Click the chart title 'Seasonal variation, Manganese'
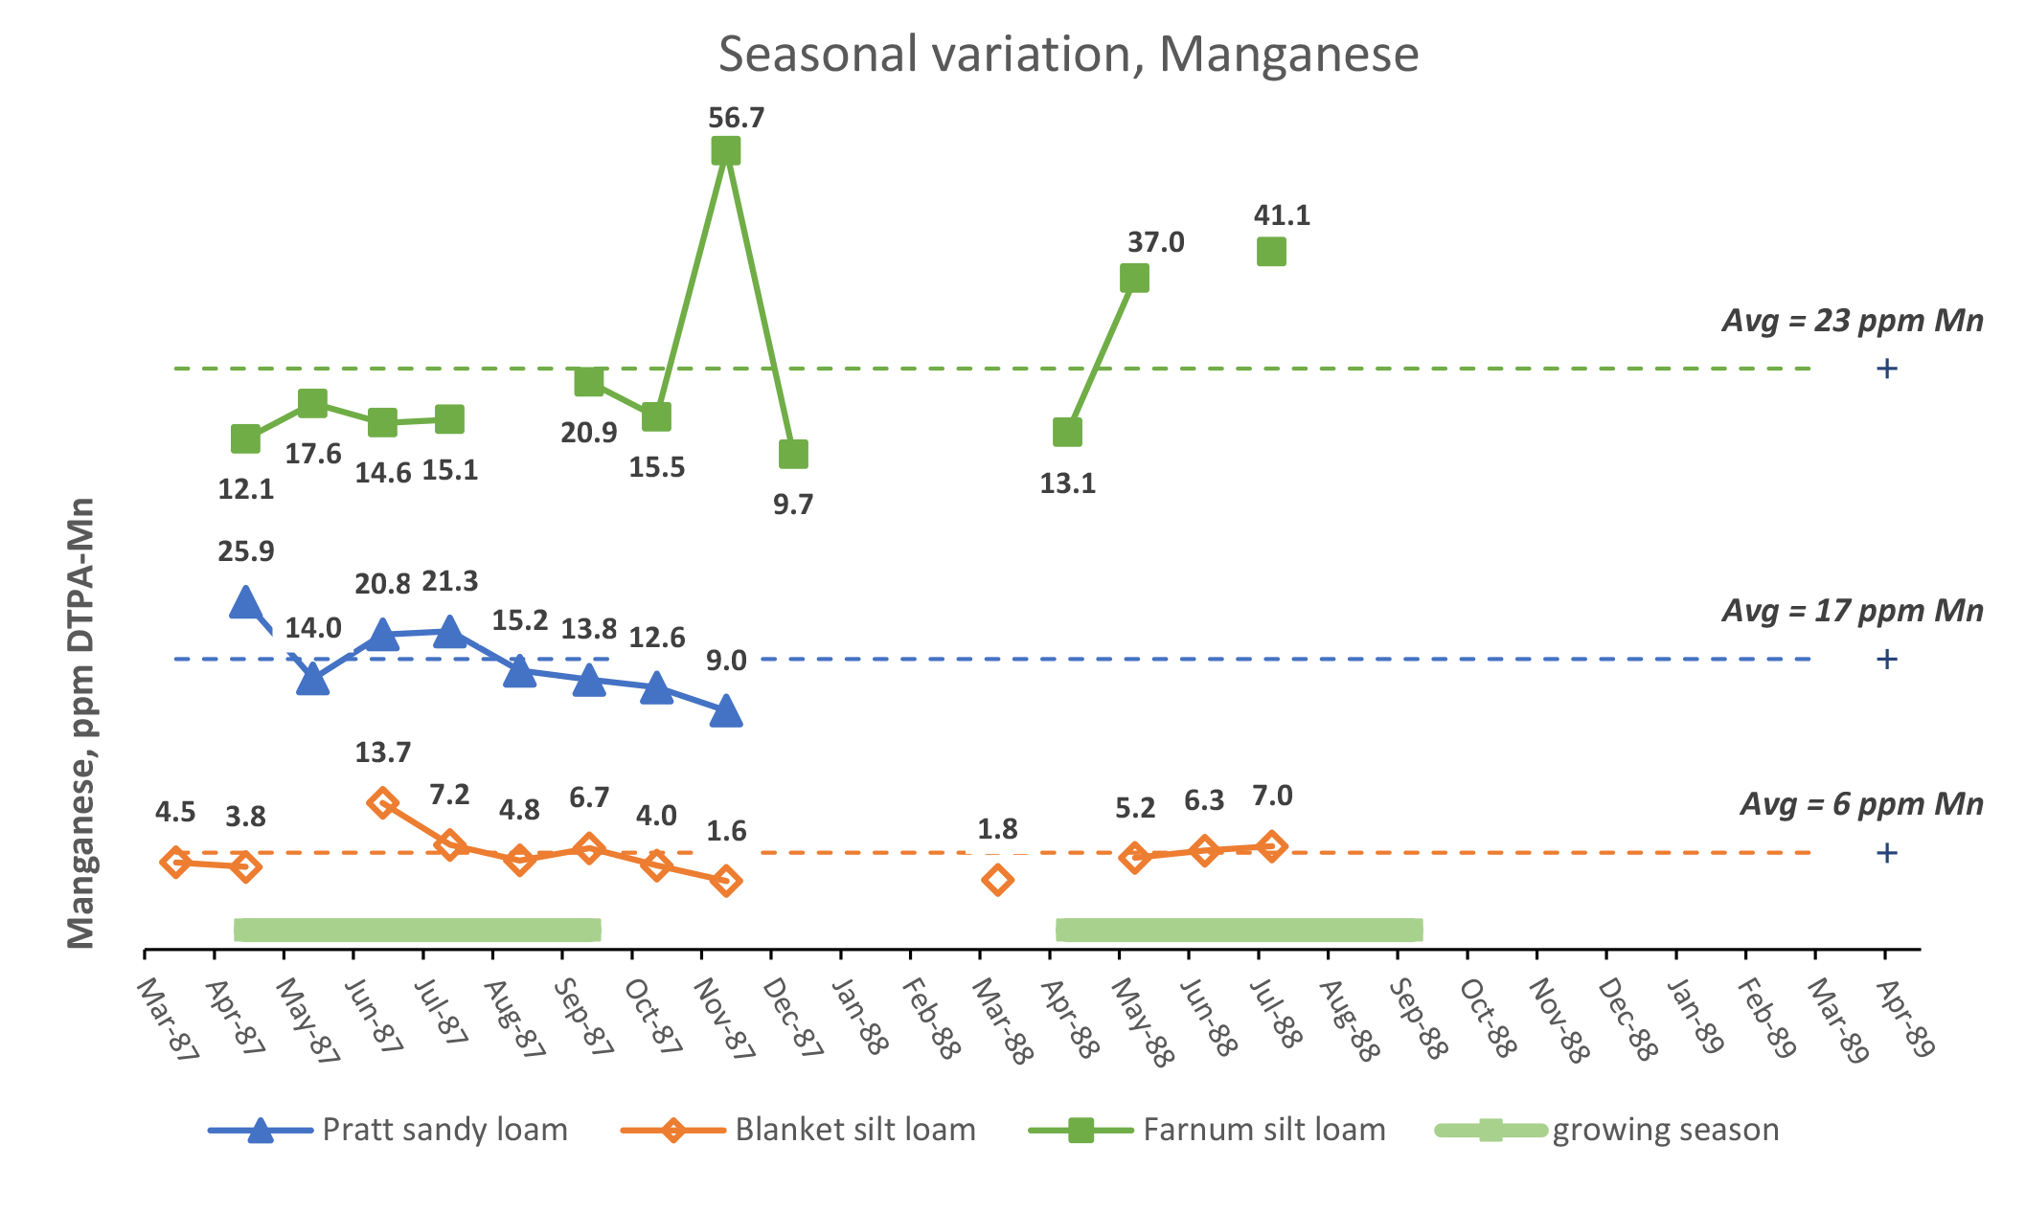pos(1068,55)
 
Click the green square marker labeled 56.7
pos(726,151)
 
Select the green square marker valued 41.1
pos(1271,252)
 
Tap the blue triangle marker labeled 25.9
pos(245,602)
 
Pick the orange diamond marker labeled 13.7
pos(382,802)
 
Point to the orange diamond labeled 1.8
pos(997,880)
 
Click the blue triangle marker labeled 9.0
pos(726,711)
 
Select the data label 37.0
pos(1155,242)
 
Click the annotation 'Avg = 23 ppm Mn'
pos(1852,321)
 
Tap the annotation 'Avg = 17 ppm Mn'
pos(1852,611)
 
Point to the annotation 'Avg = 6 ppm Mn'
pos(1860,804)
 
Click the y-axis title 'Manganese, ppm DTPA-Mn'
pos(82,723)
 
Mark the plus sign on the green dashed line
pos(1886,369)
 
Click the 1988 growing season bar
pos(1239,930)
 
